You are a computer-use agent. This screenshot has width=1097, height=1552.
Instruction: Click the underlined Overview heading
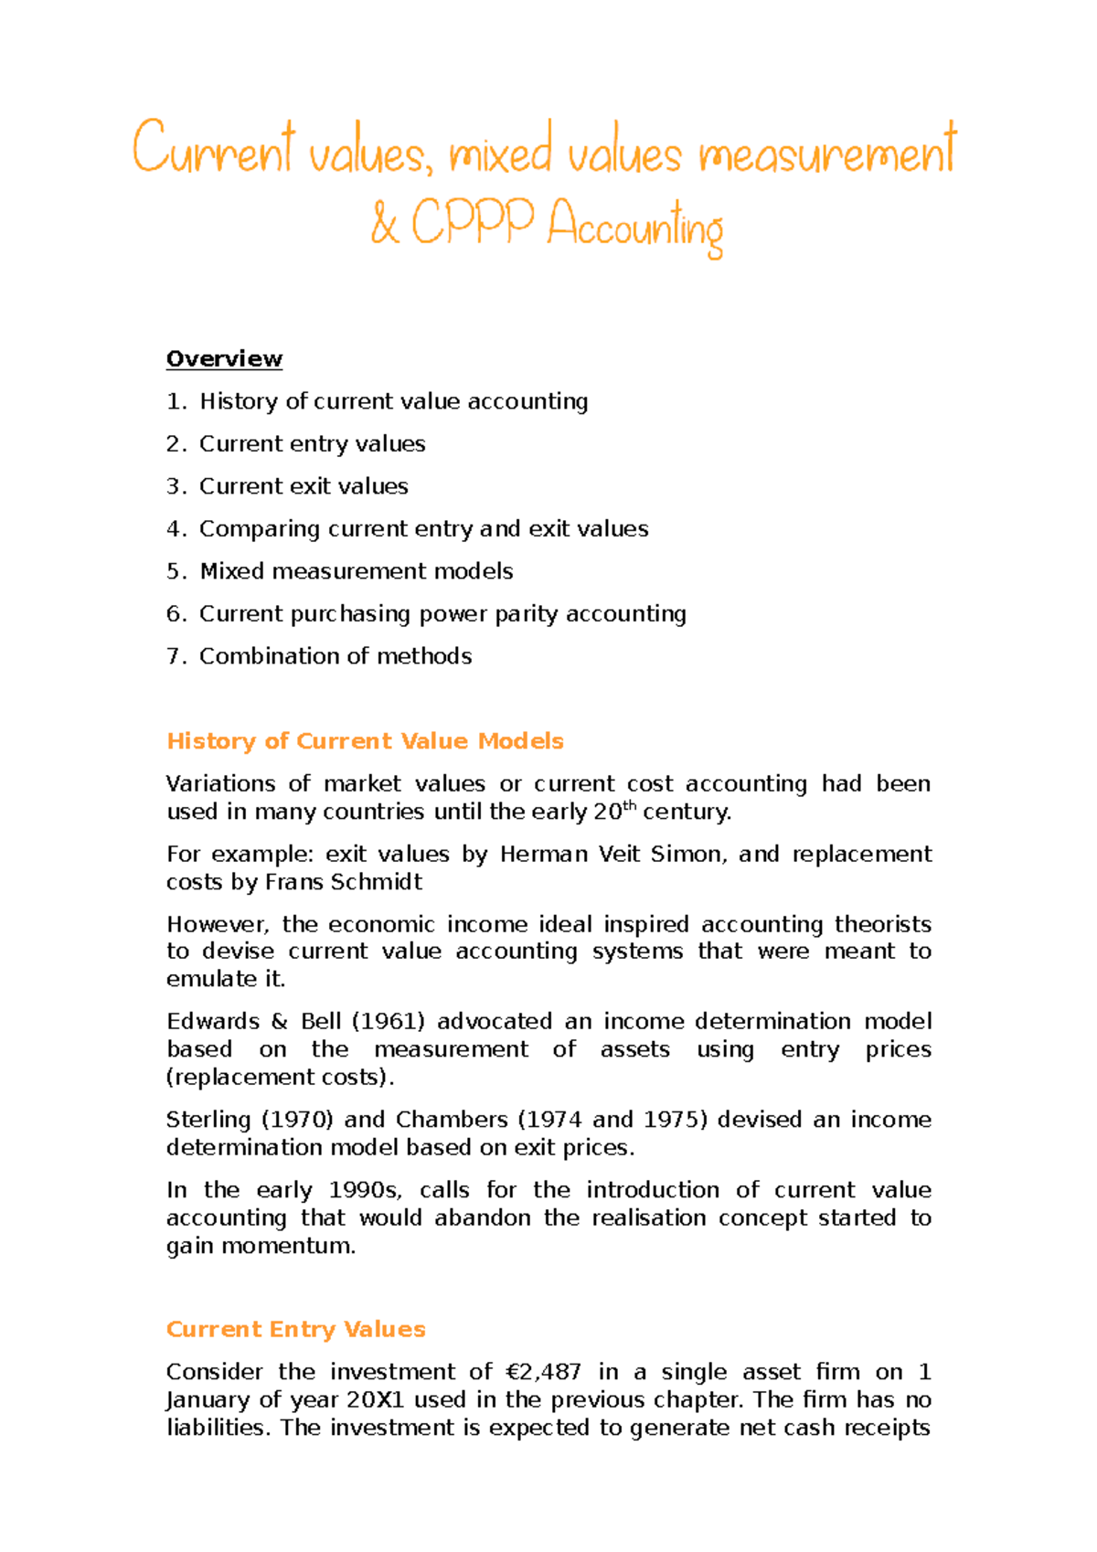(x=224, y=359)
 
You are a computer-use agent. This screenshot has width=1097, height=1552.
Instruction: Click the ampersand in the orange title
(x=385, y=224)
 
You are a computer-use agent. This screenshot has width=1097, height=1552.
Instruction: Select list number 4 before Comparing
(x=176, y=529)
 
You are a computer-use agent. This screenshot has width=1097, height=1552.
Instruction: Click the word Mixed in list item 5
(x=231, y=571)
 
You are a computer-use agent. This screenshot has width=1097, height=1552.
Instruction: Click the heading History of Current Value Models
(x=365, y=741)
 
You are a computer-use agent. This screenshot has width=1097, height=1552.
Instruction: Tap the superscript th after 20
(x=629, y=805)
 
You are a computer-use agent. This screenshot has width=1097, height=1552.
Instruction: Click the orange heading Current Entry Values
(x=295, y=1330)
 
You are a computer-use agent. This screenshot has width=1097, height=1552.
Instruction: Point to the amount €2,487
(x=542, y=1373)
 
